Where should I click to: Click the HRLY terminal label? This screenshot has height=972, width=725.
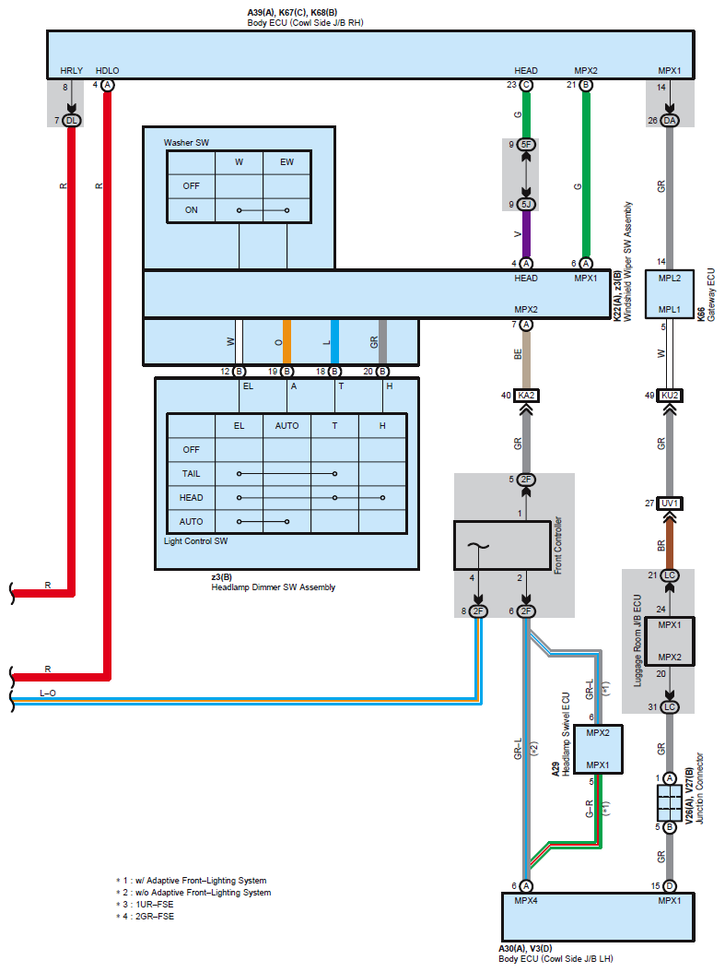pyautogui.click(x=71, y=71)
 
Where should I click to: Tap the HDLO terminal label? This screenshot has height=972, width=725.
pyautogui.click(x=107, y=71)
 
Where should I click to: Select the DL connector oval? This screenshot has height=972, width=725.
pyautogui.click(x=72, y=120)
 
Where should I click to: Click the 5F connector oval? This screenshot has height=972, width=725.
pyautogui.click(x=526, y=145)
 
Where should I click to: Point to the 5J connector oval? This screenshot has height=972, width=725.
pyautogui.click(x=526, y=204)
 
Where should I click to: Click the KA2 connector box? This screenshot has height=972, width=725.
pyautogui.click(x=526, y=396)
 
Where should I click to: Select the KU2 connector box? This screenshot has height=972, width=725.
pyautogui.click(x=670, y=396)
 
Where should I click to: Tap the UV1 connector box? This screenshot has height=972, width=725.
pyautogui.click(x=670, y=504)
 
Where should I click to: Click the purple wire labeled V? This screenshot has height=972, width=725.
pyautogui.click(x=526, y=234)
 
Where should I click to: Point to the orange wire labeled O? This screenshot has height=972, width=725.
pyautogui.click(x=286, y=341)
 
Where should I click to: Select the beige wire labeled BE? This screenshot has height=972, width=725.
pyautogui.click(x=526, y=361)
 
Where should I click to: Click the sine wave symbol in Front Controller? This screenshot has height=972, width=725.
pyautogui.click(x=478, y=546)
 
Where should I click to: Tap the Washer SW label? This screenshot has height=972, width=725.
pyautogui.click(x=186, y=143)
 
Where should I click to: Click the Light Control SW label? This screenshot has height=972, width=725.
pyautogui.click(x=195, y=541)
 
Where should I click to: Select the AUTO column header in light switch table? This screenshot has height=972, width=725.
pyautogui.click(x=286, y=426)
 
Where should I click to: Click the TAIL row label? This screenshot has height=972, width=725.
pyautogui.click(x=191, y=474)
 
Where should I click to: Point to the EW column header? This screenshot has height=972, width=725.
pyautogui.click(x=286, y=161)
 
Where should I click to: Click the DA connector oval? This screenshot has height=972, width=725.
pyautogui.click(x=670, y=120)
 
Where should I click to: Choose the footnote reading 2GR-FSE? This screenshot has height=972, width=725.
pyautogui.click(x=155, y=917)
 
